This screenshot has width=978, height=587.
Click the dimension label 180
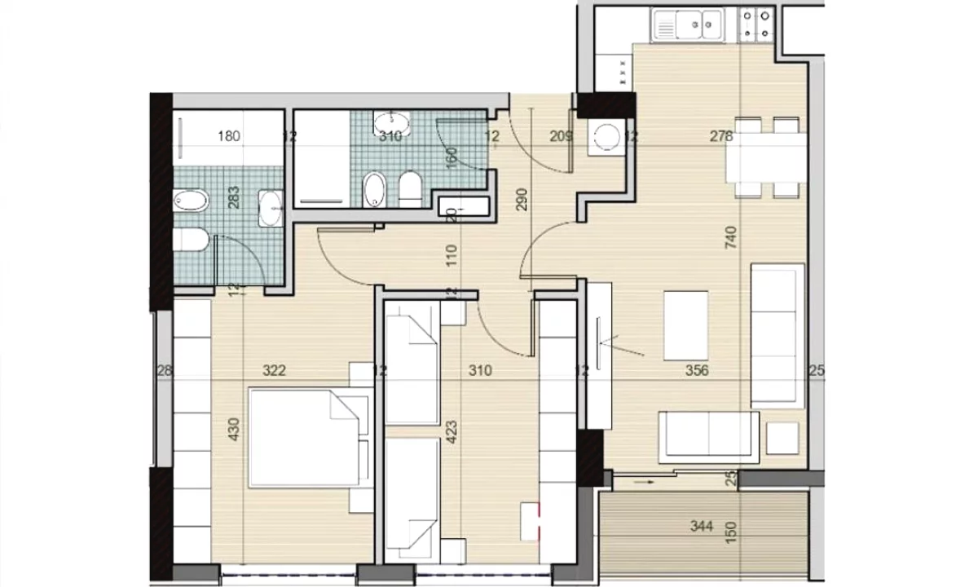coord(230,136)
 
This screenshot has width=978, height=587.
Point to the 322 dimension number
coord(274,371)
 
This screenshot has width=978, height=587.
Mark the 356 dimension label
coord(697,371)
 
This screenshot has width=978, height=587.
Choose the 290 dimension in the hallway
coord(522,200)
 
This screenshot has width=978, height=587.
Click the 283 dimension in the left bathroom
coord(234,198)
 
